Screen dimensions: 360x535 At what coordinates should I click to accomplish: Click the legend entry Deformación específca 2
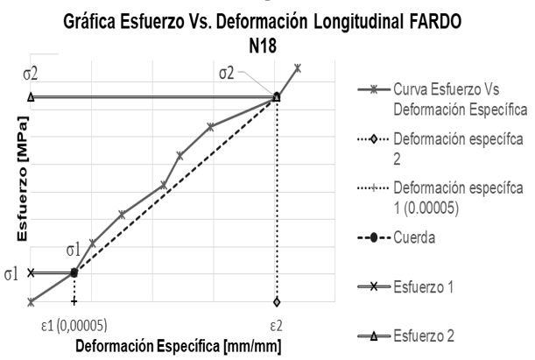(452, 148)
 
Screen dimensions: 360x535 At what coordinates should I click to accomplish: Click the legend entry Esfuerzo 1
(427, 286)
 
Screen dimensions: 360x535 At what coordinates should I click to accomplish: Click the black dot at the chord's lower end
(74, 272)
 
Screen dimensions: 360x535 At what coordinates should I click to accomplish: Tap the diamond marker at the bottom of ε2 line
(277, 302)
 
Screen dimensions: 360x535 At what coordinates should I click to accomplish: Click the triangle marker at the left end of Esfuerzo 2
(32, 96)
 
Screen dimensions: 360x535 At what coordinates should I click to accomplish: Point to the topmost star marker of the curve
(298, 67)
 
